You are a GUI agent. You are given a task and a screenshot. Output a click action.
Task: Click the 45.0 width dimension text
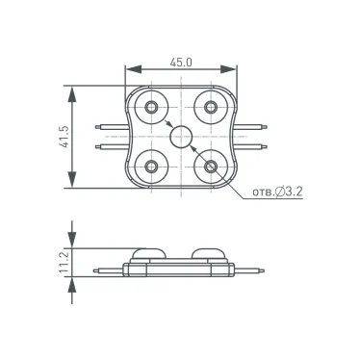click(x=182, y=62)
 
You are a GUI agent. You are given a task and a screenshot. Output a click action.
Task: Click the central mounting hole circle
click(x=181, y=136)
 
